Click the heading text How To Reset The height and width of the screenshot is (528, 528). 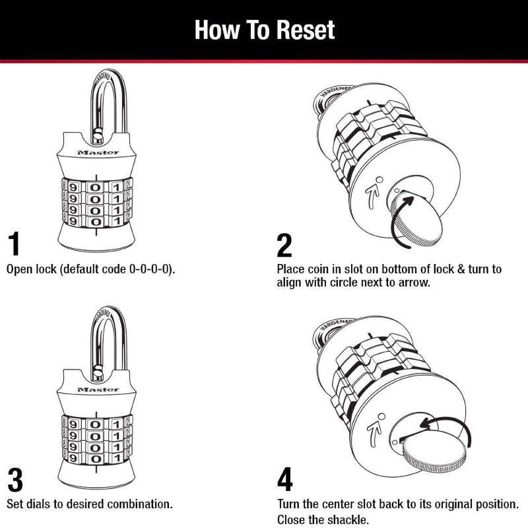tap(264, 30)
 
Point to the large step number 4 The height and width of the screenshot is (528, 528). tap(285, 480)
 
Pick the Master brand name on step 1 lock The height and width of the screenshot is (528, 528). tap(98, 153)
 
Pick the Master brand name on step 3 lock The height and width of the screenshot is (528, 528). tap(98, 389)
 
